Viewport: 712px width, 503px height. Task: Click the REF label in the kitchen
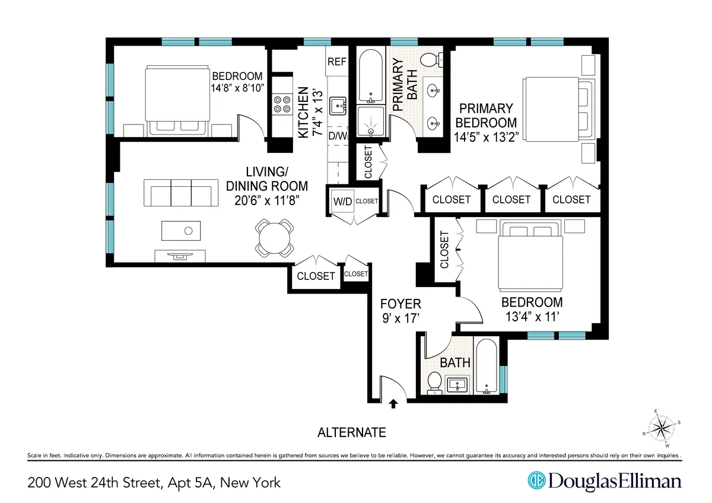click(x=337, y=61)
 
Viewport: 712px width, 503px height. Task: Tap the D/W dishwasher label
click(x=337, y=136)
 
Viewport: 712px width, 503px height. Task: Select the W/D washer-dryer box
click(x=342, y=202)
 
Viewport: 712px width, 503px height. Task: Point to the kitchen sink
click(x=339, y=106)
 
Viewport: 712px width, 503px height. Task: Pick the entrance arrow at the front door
click(x=392, y=405)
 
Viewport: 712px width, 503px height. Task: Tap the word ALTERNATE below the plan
click(x=352, y=432)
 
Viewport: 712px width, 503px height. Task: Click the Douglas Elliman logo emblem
click(x=536, y=481)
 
